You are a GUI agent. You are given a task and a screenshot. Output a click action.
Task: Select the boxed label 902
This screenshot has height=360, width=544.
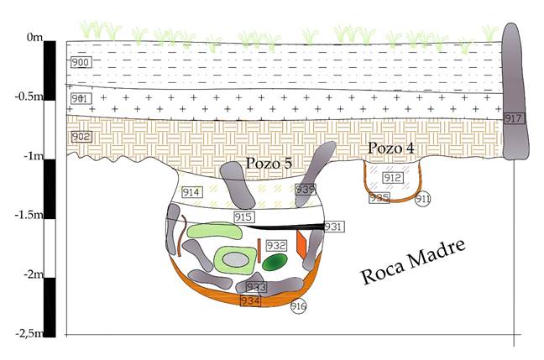click(81, 137)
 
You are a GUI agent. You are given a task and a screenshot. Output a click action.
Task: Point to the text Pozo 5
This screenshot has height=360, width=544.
click(269, 163)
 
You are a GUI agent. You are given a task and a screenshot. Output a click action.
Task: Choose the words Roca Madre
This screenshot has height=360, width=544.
click(412, 266)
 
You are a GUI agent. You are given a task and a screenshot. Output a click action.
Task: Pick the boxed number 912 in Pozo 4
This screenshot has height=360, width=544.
click(392, 178)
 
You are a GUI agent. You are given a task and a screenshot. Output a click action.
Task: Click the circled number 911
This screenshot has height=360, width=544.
click(422, 199)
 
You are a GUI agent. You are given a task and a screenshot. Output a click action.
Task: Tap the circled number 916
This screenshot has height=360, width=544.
click(298, 306)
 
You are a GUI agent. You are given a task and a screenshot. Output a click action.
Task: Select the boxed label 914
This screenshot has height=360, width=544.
click(191, 193)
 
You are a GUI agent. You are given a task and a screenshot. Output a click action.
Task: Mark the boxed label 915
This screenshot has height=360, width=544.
click(243, 217)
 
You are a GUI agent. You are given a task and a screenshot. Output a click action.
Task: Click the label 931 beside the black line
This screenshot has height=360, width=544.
click(334, 227)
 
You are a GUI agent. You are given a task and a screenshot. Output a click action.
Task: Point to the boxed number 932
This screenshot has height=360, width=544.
click(276, 245)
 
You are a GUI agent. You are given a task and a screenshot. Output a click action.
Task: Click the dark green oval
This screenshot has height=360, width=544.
click(275, 263)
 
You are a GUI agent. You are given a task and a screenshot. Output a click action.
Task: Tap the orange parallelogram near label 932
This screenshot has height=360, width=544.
click(301, 244)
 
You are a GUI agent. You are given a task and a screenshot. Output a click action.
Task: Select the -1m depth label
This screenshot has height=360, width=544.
click(31, 156)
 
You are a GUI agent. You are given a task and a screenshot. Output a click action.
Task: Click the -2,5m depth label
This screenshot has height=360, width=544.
click(27, 333)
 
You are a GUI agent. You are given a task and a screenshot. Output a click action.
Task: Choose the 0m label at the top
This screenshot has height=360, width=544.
click(34, 38)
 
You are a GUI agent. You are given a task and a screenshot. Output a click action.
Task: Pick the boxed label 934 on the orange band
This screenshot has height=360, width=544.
click(250, 300)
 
